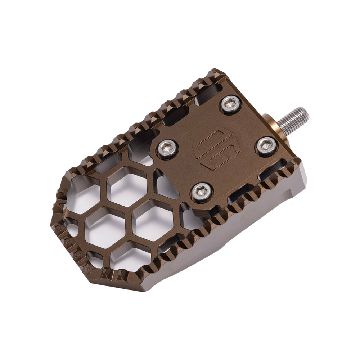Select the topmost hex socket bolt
coord(230,105)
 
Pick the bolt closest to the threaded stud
coord(266,146)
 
